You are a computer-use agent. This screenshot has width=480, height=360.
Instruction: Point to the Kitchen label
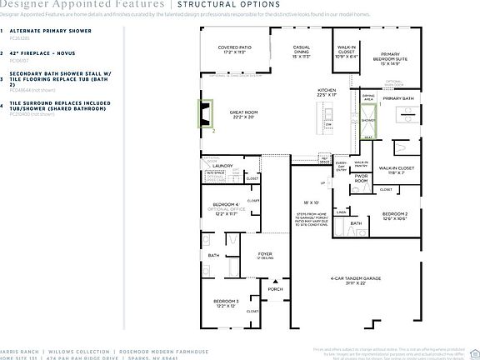point(326,92)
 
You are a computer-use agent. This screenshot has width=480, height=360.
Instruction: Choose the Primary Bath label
point(398,98)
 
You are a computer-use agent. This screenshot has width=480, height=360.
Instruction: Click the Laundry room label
point(222,166)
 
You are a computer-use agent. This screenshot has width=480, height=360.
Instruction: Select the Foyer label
point(265,255)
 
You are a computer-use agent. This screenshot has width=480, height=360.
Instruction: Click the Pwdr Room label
point(362,177)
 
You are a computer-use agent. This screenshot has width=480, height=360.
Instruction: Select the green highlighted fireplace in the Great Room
point(204,113)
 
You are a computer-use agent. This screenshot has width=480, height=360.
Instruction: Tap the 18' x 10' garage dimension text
point(311,202)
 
